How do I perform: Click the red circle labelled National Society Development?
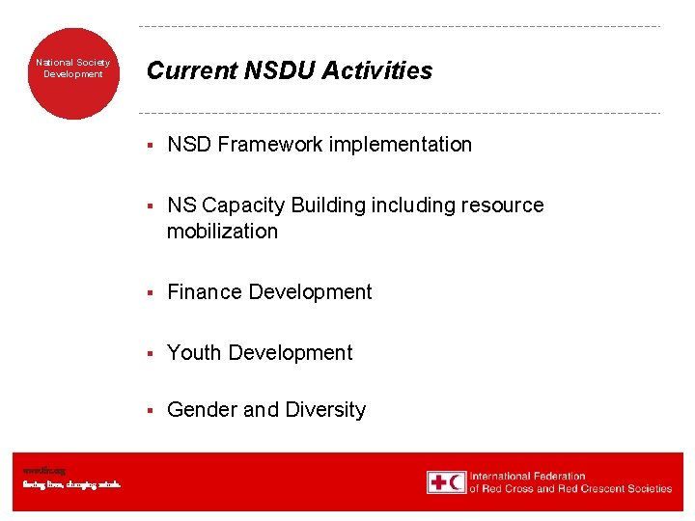pos(73,73)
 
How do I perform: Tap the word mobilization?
pos(222,232)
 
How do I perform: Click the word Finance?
pos(203,292)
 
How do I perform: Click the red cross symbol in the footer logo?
pos(438,481)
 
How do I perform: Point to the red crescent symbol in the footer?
pos(457,481)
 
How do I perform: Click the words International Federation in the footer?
pos(527,476)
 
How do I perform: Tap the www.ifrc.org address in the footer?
pos(40,471)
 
